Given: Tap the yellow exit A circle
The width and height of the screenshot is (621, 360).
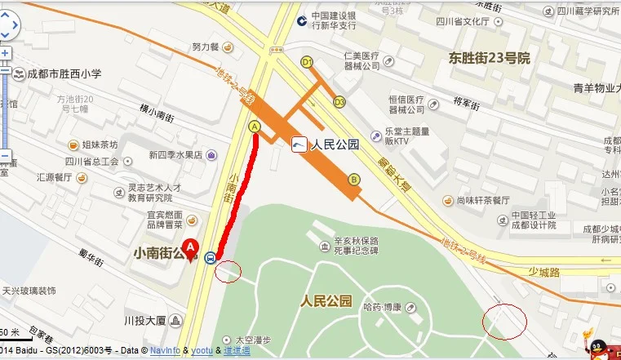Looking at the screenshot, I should pos(255,127).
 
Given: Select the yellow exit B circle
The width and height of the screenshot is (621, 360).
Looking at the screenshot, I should pos(353,180).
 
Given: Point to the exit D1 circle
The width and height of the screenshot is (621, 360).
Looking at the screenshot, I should pos(308,62).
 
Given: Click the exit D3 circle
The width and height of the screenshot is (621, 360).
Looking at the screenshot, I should pos(339,101).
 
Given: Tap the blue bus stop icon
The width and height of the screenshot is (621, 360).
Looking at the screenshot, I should pos(211,258).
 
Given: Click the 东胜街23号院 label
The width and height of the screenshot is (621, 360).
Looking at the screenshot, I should pos(490,58).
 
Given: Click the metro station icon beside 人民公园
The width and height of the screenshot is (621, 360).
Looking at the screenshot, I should pos(299,145).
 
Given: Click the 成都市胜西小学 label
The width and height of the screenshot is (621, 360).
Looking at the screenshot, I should pos(62,73).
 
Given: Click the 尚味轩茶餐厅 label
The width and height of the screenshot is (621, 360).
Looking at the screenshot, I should pos(483,200).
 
